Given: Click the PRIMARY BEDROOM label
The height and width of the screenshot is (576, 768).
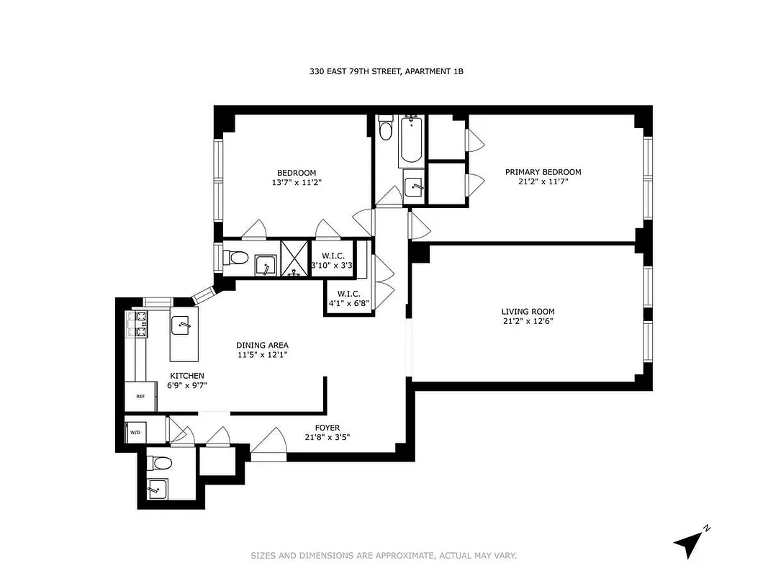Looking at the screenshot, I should (543, 172).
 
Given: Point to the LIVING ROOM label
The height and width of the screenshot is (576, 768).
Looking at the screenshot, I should (528, 312).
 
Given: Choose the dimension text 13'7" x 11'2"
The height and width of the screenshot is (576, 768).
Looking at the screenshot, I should (297, 183).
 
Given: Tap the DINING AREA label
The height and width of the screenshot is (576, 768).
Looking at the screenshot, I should (263, 345).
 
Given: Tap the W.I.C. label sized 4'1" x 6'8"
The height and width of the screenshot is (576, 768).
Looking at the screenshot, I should (348, 298).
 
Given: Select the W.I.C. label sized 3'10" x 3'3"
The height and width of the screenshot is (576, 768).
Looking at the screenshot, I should (333, 261).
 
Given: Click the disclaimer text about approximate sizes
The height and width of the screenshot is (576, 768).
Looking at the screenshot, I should (384, 555).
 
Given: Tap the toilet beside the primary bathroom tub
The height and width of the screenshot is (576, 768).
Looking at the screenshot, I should (386, 130).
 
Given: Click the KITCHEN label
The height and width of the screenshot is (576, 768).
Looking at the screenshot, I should (186, 376).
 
